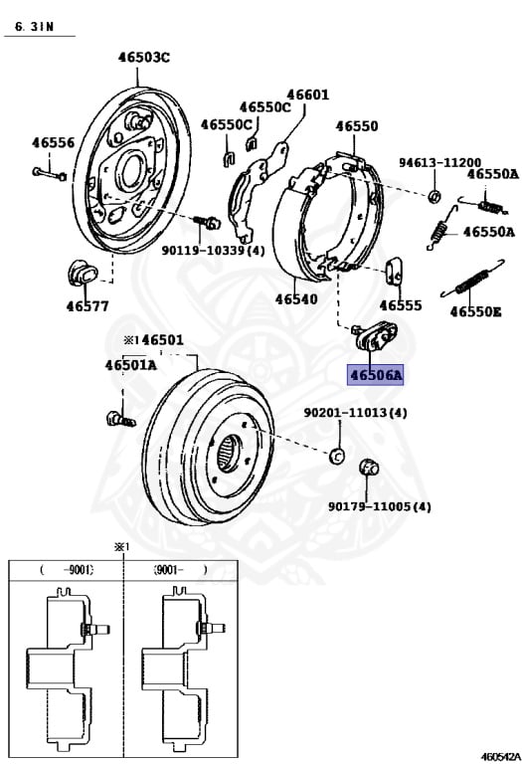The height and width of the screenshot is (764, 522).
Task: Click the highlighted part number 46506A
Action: (375, 375)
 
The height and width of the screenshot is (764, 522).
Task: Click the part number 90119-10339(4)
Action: (213, 251)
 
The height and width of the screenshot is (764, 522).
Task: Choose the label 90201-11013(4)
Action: (355, 412)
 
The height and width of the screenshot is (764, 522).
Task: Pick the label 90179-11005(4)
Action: (380, 506)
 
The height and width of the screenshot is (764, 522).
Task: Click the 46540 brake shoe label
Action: (295, 297)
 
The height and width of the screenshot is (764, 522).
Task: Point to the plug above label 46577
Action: (77, 272)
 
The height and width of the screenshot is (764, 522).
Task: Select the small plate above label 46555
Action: (393, 271)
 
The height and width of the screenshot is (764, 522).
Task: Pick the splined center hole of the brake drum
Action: (231, 458)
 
